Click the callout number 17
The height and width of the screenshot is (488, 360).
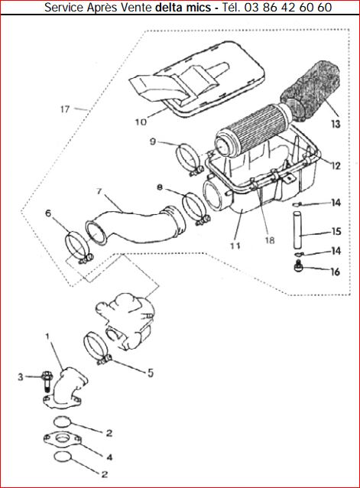tap(65, 109)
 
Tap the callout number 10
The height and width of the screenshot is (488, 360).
tap(141, 122)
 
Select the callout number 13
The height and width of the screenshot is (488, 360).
tap(336, 124)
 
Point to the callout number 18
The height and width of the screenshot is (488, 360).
tap(270, 240)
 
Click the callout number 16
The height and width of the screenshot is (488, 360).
tap(335, 272)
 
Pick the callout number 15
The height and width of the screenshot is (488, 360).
tap(336, 232)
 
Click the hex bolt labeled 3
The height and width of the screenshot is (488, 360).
tap(47, 381)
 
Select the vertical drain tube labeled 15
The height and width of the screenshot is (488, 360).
tap(298, 229)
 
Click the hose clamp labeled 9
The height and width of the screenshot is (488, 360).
tap(188, 159)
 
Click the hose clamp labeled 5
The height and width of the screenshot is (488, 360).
tap(97, 348)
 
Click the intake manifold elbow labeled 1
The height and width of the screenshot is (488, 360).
tap(66, 389)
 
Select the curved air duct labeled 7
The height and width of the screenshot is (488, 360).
tap(134, 226)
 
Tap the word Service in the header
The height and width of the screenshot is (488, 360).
tap(63, 7)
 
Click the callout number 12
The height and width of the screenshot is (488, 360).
tap(336, 165)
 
